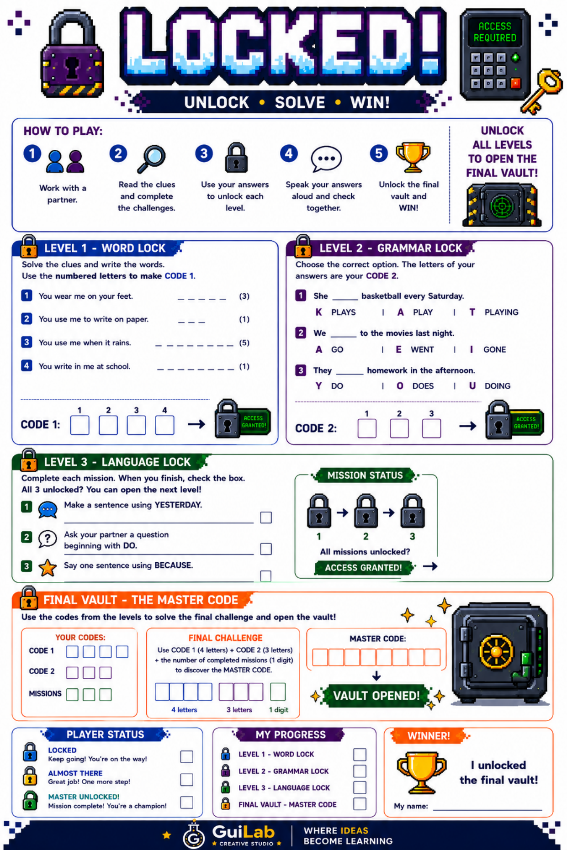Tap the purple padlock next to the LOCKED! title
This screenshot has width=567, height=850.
pos(72,55)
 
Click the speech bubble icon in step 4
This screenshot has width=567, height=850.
pos(326,158)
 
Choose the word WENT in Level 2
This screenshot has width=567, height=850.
pos(422,349)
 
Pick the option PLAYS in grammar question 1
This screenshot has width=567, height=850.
pos(343,312)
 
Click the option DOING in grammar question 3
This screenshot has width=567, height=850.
pos(497,386)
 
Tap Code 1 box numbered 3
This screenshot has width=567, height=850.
pos(136,425)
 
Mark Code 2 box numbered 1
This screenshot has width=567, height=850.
pos(367,428)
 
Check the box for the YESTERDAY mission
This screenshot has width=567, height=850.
pos(266,517)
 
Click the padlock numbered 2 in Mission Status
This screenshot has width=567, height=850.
pos(366,511)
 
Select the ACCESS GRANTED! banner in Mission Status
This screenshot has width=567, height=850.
pos(364,568)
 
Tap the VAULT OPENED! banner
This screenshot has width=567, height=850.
pos(376,696)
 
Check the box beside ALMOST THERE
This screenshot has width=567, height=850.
pos(186,779)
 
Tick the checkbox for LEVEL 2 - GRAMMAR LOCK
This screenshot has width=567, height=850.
pos(360,771)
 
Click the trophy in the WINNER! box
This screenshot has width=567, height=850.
pos(421,772)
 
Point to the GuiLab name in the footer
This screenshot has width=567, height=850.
pos(243,832)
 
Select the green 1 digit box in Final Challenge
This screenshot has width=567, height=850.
pos(278,692)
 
